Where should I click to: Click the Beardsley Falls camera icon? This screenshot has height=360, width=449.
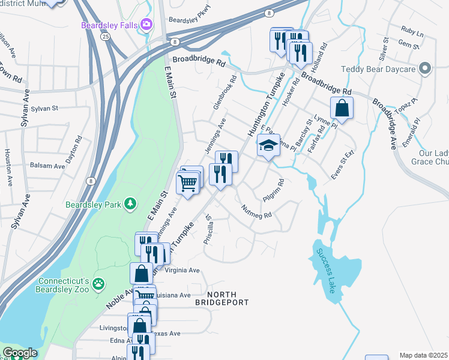click(146, 25)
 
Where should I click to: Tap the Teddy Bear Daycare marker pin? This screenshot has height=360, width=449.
click(425, 68)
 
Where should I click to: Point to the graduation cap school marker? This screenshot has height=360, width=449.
click(268, 145)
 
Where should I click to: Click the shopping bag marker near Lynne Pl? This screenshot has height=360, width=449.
click(342, 109)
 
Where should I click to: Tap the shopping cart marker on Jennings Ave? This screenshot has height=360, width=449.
click(188, 182)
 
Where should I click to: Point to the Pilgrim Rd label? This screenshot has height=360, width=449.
click(273, 190)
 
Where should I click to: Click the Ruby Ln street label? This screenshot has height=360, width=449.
click(412, 30)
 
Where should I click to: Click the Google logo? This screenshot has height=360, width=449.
click(20, 353)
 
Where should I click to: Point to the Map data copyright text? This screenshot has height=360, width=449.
click(424, 355)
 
